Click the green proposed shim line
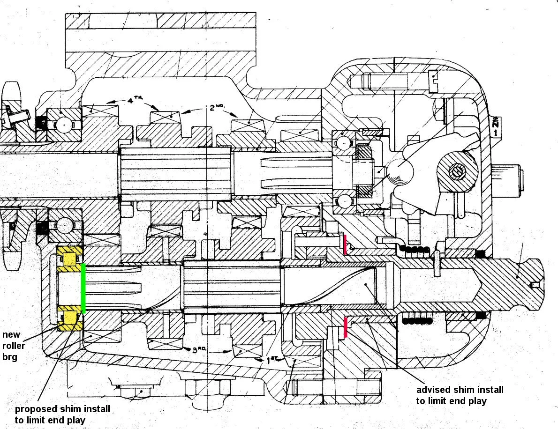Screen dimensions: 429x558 point(83,288)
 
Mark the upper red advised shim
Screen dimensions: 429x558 point(345,245)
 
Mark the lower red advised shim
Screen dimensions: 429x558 point(346,327)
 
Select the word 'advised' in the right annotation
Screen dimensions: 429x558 point(432,390)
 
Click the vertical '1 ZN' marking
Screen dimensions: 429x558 point(495,126)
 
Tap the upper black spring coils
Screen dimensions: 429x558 point(414,249)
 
